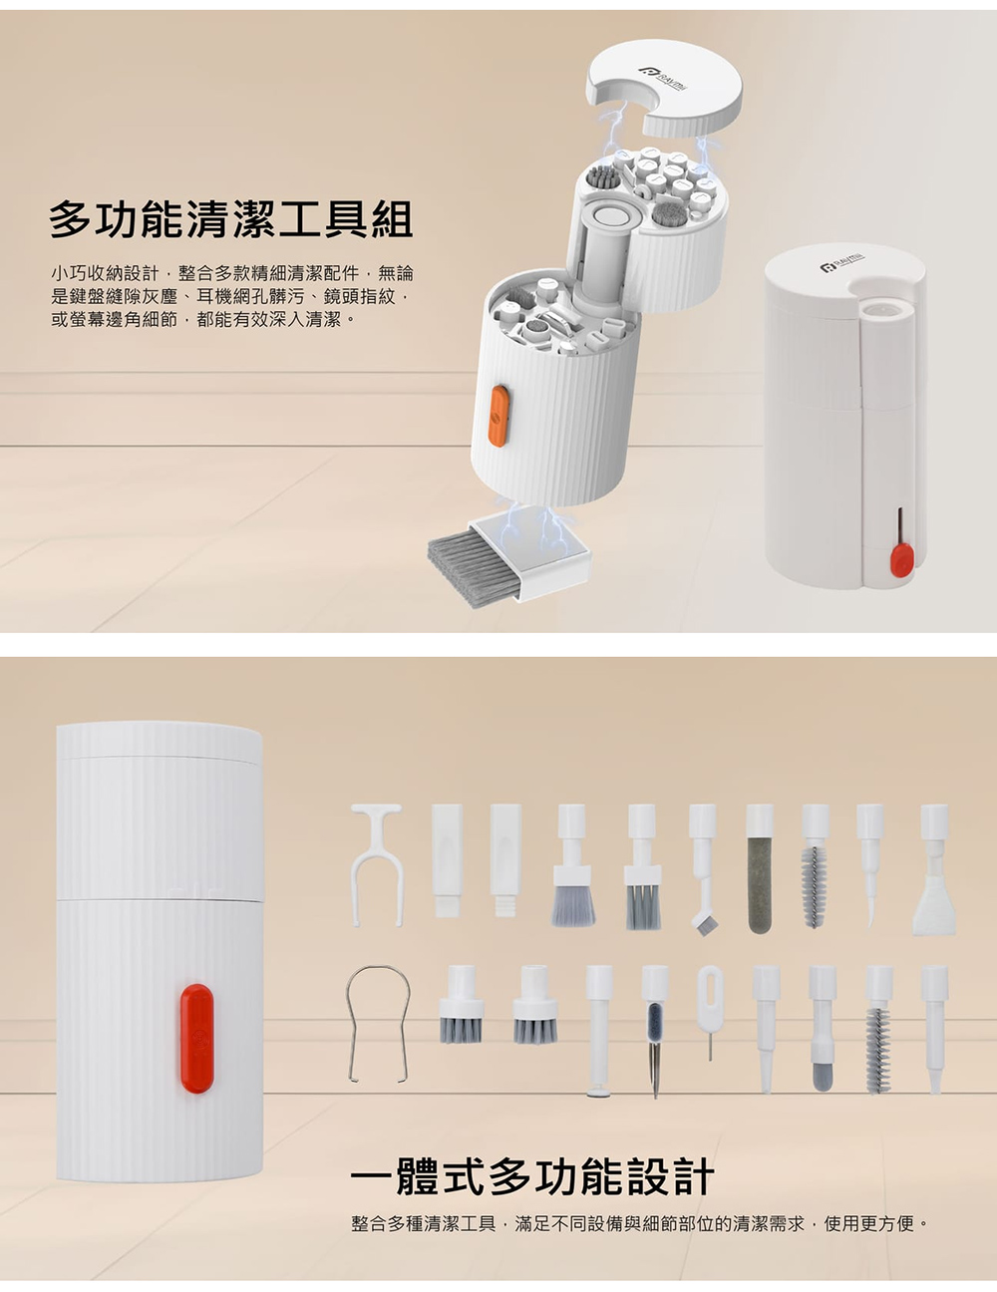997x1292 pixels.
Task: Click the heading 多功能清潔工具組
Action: click(x=230, y=219)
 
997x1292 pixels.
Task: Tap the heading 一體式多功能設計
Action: click(x=532, y=1176)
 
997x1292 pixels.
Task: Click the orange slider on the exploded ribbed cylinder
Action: click(x=498, y=415)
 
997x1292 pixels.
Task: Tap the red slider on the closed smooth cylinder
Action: click(x=902, y=562)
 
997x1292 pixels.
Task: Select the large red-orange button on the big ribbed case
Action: click(x=196, y=1039)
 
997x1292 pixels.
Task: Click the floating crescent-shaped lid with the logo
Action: click(x=665, y=86)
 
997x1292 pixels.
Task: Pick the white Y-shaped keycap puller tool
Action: click(x=377, y=864)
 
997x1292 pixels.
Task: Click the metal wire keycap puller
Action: click(x=378, y=1024)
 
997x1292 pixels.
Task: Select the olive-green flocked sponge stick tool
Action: click(x=760, y=868)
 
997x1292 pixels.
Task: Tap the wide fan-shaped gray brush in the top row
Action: click(x=572, y=865)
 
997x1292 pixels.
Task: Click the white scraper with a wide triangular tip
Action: click(x=934, y=870)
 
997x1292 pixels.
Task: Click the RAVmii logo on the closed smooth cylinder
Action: click(x=842, y=261)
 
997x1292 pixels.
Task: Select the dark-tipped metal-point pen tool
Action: click(x=655, y=1032)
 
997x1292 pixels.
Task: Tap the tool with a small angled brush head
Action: click(x=703, y=870)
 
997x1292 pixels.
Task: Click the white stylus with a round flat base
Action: click(x=598, y=1031)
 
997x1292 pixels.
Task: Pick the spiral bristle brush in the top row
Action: click(x=816, y=865)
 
